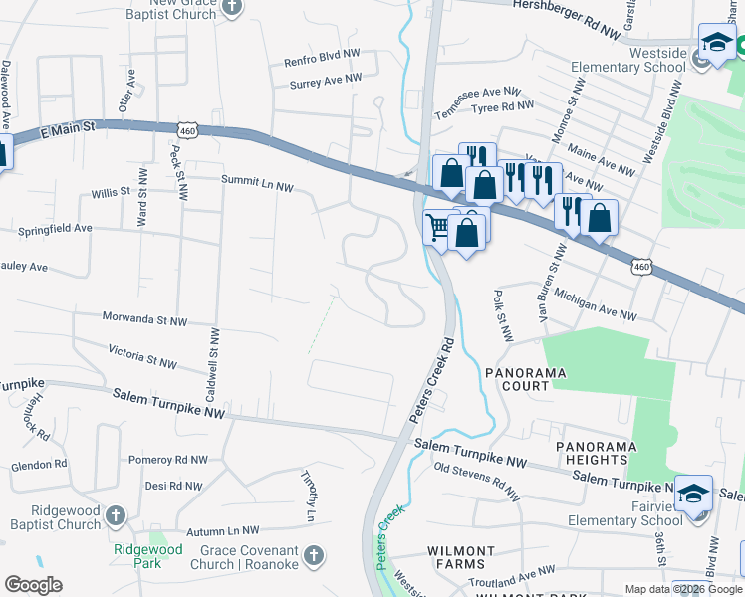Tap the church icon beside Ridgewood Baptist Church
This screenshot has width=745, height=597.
click(x=116, y=515)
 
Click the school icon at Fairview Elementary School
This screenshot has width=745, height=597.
click(x=693, y=494)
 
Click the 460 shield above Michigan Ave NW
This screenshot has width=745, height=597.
click(x=642, y=266)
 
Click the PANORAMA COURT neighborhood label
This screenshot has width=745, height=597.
click(x=525, y=379)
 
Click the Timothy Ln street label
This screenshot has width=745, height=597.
click(x=310, y=497)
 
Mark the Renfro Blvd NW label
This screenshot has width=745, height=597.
click(x=322, y=61)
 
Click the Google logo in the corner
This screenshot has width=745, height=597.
click(x=32, y=585)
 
